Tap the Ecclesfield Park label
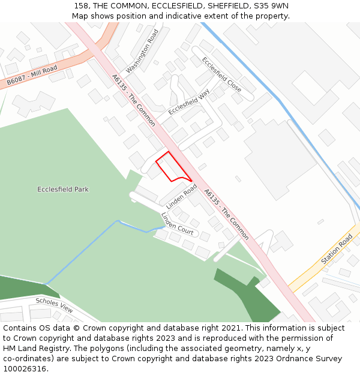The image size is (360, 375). point(63,190)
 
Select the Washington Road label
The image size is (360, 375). point(142,51)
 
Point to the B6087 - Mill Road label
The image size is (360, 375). point(32,76)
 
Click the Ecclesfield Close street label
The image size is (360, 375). point(221,75)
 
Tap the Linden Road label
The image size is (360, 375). point(182,197)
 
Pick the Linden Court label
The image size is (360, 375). point(177,223)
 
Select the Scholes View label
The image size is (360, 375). point(54,305)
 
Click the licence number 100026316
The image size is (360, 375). point(25,368)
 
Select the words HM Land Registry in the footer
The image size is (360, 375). point(34,348)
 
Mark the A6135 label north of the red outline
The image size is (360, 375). point(134,100)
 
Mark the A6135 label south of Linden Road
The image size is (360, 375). point(226,214)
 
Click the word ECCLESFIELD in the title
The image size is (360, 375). point(171,6)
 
